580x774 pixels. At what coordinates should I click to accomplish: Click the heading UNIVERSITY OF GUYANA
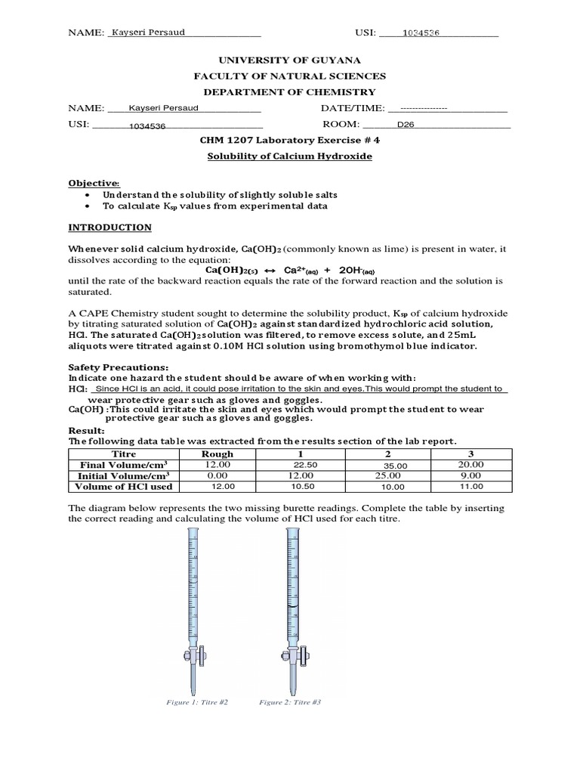pos(289,60)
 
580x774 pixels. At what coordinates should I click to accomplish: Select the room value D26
pos(406,125)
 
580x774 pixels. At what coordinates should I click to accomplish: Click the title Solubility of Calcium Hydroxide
pos(290,156)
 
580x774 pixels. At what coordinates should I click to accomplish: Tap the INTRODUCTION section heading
pos(110,228)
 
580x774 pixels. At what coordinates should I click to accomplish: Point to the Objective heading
pos(94,183)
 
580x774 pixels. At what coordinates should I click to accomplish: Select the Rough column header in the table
pos(217,454)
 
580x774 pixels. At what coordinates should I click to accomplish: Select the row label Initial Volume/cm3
pos(124,475)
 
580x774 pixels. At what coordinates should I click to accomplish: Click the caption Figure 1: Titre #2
pos(197,702)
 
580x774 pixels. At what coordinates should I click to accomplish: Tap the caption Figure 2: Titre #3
pos(290,702)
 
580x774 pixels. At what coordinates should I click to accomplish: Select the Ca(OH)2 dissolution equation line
pos(290,270)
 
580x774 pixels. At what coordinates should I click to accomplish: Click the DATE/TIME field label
pos(353,108)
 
